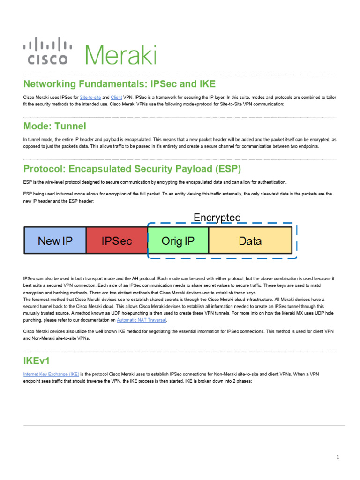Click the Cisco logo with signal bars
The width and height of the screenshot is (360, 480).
coord(48,51)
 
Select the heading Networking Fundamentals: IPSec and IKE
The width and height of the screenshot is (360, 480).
coord(120,84)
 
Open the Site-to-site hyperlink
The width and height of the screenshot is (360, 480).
coord(90,97)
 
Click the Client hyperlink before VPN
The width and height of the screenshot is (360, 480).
coord(116,97)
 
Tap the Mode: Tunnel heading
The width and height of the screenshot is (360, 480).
coord(55,126)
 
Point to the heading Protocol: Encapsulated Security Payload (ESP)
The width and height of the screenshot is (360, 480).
coord(132,169)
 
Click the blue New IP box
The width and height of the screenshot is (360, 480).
coord(55,241)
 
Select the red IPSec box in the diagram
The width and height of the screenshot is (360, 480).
coord(117,241)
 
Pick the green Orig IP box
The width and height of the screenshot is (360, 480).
coord(178,241)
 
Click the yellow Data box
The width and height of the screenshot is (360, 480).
coord(250,241)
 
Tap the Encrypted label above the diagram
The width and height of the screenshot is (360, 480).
coord(217,217)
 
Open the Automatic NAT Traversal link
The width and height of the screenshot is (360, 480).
coord(141,320)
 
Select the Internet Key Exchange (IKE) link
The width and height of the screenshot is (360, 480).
coord(51,375)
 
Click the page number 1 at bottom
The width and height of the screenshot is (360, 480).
coord(338,457)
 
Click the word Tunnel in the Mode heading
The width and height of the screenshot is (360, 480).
coord(70,126)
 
